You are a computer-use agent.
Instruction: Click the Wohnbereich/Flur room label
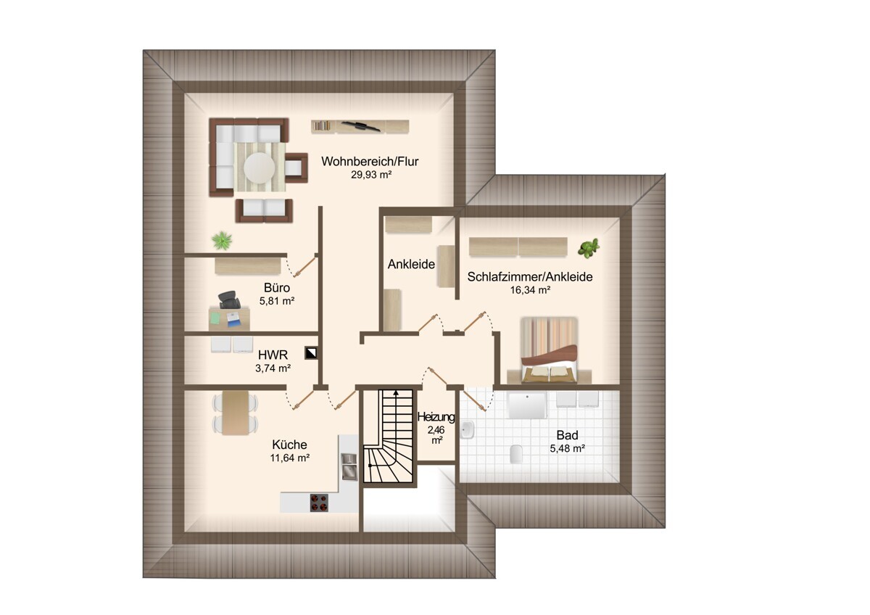coord(370,161)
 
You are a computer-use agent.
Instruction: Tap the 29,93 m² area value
coord(371,175)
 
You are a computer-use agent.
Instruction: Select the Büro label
coord(276,288)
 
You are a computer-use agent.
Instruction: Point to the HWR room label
coord(273,355)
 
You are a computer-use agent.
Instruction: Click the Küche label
coord(289,445)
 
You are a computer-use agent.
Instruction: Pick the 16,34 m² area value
coord(530,290)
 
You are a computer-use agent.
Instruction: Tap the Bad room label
coord(567,435)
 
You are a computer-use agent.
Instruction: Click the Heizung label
coord(436,417)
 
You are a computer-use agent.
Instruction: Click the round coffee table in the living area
coord(259,168)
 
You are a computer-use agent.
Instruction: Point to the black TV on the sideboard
coord(360,126)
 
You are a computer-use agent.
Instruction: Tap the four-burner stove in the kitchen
coord(319,502)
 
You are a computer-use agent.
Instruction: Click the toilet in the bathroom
coord(515,454)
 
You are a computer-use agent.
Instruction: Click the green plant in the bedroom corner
coord(589,248)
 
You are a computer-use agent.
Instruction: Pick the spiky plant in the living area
coord(222,241)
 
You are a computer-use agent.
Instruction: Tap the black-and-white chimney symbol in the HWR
coord(311,353)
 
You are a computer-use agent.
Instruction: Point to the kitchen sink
coord(349,466)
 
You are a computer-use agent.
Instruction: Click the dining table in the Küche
coord(235,412)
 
